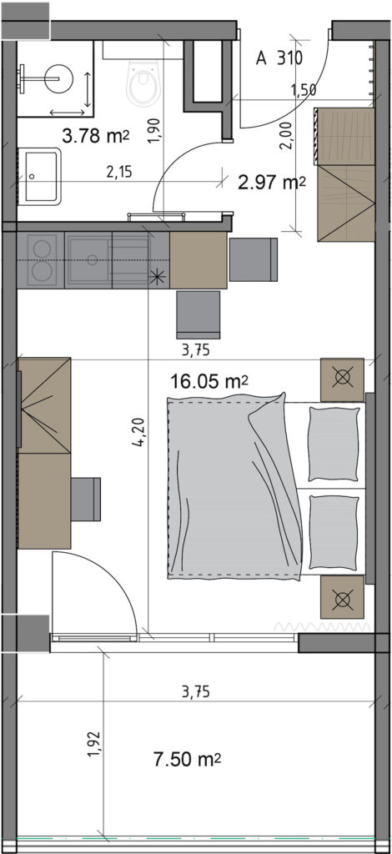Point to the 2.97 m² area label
coord(272,183)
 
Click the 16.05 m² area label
coord(209,381)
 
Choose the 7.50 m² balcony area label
coord(188,759)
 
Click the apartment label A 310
coord(279,58)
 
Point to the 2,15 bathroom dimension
coord(119,173)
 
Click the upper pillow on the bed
coord(334,444)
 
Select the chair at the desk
coord(86,499)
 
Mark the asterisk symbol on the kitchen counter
coord(158,278)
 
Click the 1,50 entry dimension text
coord(304,91)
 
